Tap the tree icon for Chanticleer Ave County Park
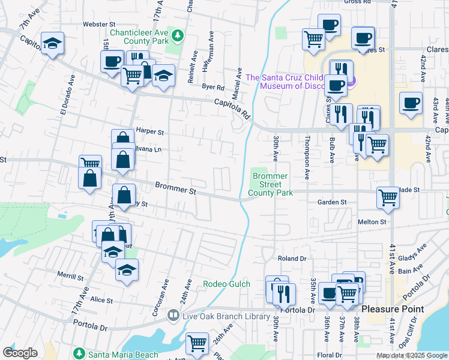click(178, 35)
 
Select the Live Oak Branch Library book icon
click(173, 315)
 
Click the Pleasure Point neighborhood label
click(393, 309)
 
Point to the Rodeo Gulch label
click(226, 284)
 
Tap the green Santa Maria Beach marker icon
click(77, 353)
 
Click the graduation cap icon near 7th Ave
click(52, 43)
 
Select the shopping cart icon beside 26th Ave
click(197, 343)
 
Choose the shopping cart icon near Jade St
click(388, 197)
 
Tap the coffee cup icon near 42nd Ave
click(411, 103)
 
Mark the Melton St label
click(372, 222)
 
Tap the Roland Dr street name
click(292, 258)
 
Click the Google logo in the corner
click(20, 353)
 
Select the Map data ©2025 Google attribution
click(411, 356)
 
